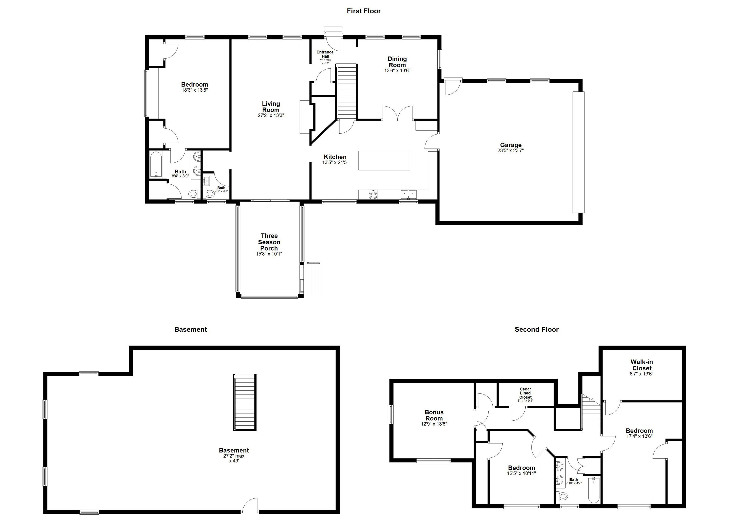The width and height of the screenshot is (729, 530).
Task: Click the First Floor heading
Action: pos(364,11)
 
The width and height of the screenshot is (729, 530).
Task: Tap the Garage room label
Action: pos(511,145)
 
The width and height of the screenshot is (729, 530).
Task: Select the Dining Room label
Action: pos(397,62)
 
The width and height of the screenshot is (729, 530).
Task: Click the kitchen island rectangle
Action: pos(384,160)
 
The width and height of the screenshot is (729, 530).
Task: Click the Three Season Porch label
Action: pos(269,242)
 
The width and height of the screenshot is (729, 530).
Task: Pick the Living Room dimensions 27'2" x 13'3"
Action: pos(271,115)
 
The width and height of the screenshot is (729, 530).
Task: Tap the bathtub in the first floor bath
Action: pos(156,165)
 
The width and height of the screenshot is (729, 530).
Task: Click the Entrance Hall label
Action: pos(325,54)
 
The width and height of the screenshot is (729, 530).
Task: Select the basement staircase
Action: pos(245,402)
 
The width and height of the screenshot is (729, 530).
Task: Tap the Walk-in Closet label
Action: pos(642,365)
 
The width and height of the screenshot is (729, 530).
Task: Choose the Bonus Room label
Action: pos(434,415)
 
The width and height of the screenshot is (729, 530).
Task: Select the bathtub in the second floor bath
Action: pos(593,490)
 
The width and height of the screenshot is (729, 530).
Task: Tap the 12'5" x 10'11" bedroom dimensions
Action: pos(521,474)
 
